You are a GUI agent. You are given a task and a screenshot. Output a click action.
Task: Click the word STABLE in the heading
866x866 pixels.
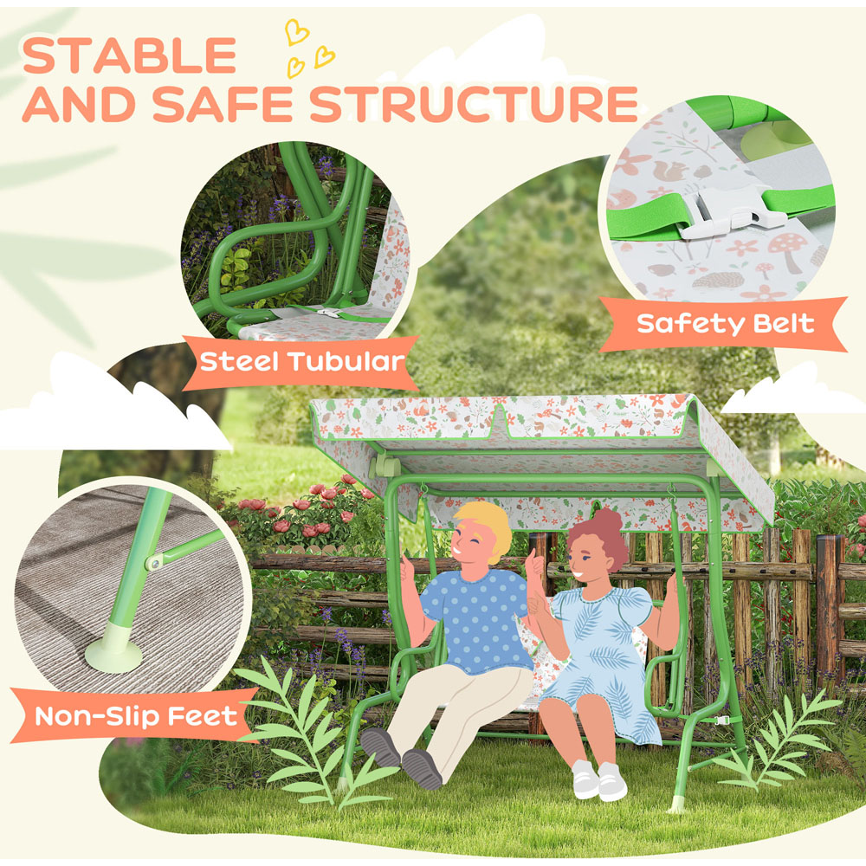(x=130, y=55)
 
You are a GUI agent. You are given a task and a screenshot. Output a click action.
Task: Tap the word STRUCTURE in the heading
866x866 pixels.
(x=474, y=104)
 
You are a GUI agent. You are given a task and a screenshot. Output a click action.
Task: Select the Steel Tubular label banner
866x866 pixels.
(x=302, y=359)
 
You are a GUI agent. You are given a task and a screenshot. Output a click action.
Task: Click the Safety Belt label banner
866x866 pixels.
(x=725, y=324)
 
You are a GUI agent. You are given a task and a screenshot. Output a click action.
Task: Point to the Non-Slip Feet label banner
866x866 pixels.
(x=136, y=715)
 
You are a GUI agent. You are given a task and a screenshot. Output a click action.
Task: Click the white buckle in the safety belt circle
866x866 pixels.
(x=721, y=212)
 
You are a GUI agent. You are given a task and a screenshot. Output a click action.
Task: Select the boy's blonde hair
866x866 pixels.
(x=485, y=527)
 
